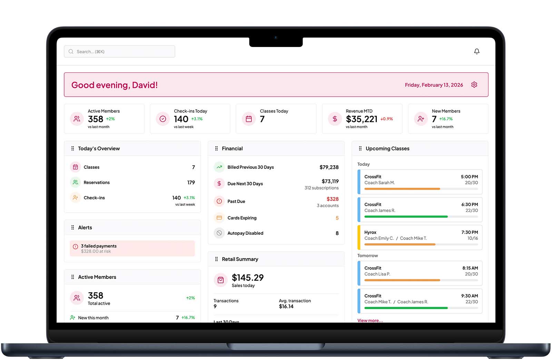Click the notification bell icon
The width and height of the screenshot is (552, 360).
point(476,51)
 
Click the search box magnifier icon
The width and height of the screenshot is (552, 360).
point(71,51)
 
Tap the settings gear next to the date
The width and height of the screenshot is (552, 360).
point(474,85)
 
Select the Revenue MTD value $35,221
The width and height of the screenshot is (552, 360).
point(362,119)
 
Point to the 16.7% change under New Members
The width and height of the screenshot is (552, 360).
point(446,119)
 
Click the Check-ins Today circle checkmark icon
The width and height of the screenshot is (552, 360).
point(163,119)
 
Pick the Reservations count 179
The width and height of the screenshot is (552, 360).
point(191,182)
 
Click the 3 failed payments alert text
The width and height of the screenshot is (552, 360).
point(99,246)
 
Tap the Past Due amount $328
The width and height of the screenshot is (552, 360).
point(332,199)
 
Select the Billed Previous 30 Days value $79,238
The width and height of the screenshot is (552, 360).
point(329,167)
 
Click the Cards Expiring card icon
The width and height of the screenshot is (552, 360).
point(219,218)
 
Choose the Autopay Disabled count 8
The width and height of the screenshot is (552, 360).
point(337,233)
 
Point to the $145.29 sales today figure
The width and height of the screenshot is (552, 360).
point(248,278)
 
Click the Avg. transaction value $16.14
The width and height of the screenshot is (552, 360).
point(286,307)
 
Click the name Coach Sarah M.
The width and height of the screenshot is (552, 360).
point(379,183)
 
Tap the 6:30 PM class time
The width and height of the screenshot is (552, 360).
point(470,204)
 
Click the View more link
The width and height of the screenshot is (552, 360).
point(370,320)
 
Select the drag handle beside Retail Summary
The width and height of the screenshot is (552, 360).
point(216,259)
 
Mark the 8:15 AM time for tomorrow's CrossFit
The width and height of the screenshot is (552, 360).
point(470,268)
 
